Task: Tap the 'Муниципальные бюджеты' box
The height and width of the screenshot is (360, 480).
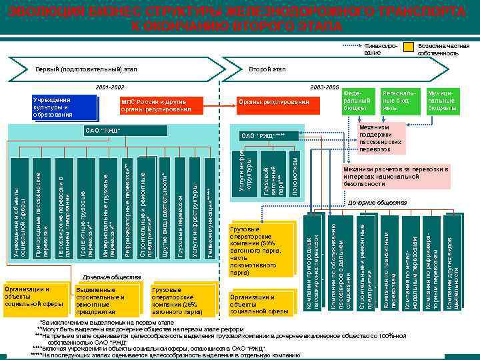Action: pos(441,99)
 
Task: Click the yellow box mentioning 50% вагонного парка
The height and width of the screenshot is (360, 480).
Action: pos(260,250)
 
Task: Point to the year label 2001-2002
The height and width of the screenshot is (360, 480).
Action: pos(109,87)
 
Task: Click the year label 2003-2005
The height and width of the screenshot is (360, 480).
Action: pos(325,87)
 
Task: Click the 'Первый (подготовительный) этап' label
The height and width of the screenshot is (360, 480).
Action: pos(87,69)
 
